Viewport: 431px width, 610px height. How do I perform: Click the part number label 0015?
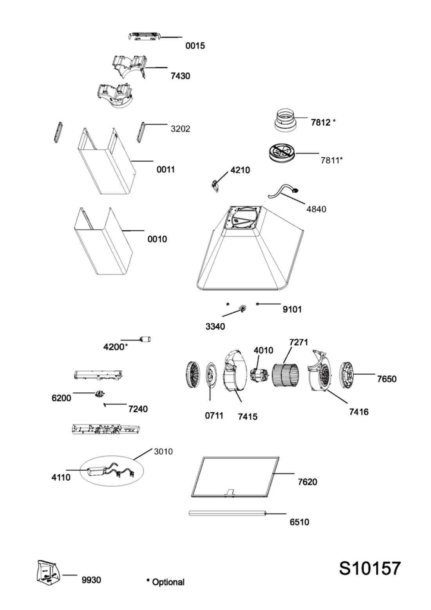(x=195, y=46)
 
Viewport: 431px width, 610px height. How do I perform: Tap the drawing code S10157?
(x=370, y=568)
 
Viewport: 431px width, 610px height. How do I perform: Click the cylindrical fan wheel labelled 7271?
(x=286, y=375)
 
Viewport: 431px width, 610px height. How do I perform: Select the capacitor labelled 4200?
(x=145, y=340)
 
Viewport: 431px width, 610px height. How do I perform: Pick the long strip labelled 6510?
(x=227, y=513)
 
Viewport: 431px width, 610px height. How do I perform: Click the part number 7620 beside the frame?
(x=307, y=482)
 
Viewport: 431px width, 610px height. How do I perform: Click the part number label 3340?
(x=215, y=326)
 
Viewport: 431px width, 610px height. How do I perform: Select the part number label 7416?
(x=359, y=412)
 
